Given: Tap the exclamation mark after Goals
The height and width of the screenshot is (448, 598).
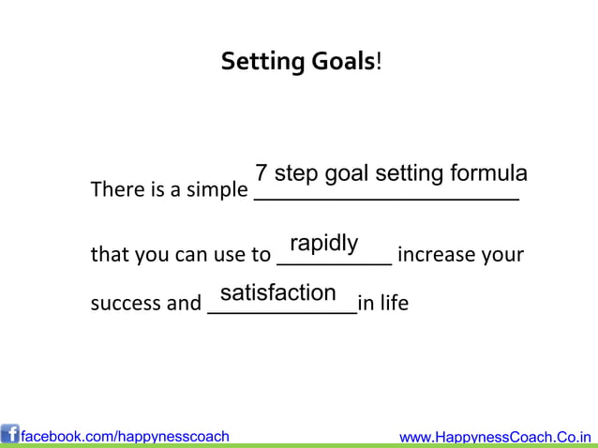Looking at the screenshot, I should coord(379,63).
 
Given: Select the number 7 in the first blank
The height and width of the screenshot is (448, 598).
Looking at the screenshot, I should coord(262,175).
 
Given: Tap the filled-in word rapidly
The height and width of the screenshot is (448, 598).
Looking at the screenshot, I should coord(323,244).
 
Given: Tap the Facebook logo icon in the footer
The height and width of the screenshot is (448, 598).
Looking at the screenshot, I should coord(10,435).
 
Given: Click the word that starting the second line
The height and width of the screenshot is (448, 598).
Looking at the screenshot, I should coord(105,255).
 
